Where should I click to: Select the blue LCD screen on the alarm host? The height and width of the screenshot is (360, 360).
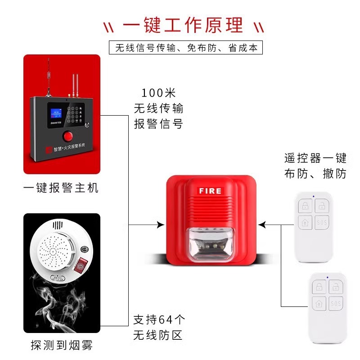pos(54,111)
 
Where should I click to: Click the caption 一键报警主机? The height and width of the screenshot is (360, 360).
pos(61,188)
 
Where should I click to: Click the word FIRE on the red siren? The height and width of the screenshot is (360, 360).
pos(210,191)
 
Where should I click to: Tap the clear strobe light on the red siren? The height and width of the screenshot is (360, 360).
pos(210,245)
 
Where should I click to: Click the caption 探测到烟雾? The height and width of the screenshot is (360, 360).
pos(61,346)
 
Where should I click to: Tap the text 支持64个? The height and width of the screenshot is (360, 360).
pos(159,320)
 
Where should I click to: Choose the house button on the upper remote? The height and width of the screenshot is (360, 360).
pos(305,222)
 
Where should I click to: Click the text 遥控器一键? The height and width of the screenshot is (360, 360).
pos(315,158)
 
